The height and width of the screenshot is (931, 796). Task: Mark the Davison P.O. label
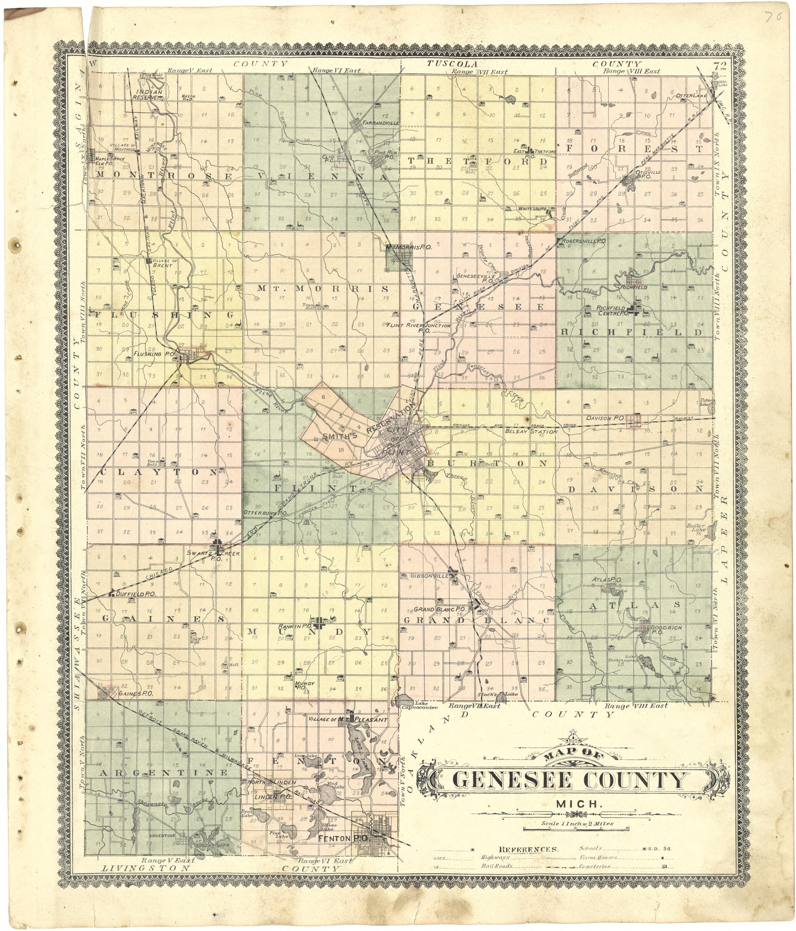[605, 418]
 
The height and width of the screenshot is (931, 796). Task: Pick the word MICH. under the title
[572, 803]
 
